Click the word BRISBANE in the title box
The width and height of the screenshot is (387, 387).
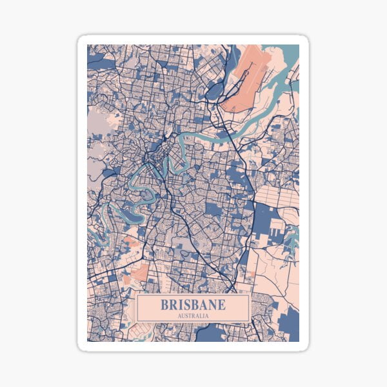click(193, 304)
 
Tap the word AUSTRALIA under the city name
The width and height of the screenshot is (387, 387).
click(193, 316)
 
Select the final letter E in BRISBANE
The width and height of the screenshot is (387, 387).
click(222, 304)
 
